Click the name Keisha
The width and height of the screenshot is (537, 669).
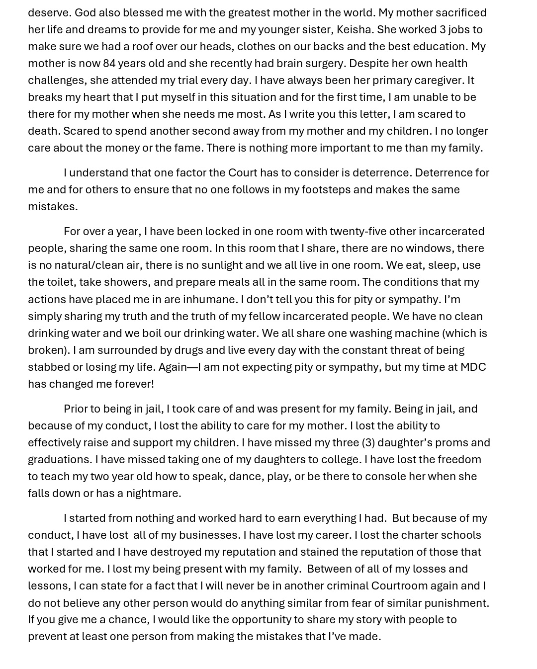pyautogui.click(x=354, y=29)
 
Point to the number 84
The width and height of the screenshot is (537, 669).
pyautogui.click(x=109, y=63)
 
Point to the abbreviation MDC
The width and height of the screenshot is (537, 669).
pyautogui.click(x=473, y=367)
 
